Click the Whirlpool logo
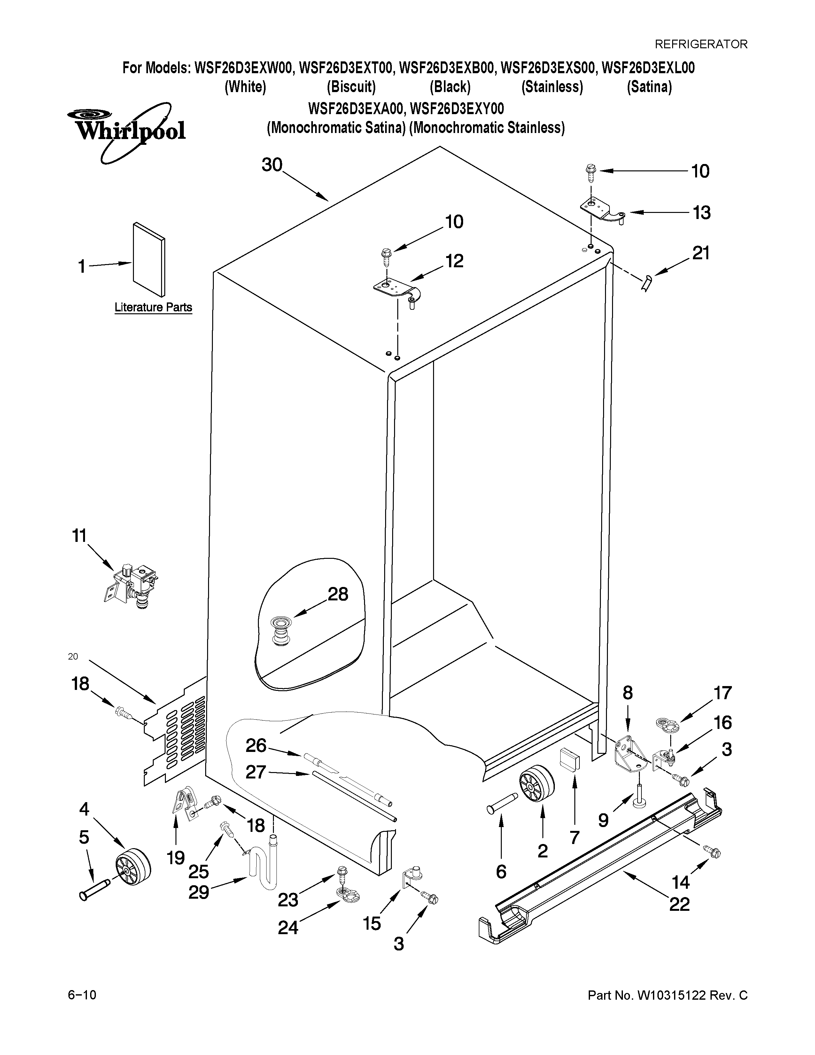click(x=127, y=129)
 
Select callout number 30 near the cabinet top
click(x=272, y=165)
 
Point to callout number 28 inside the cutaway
click(x=338, y=594)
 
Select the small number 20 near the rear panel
click(x=73, y=656)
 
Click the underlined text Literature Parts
click(x=153, y=307)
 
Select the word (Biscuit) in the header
click(x=351, y=87)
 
